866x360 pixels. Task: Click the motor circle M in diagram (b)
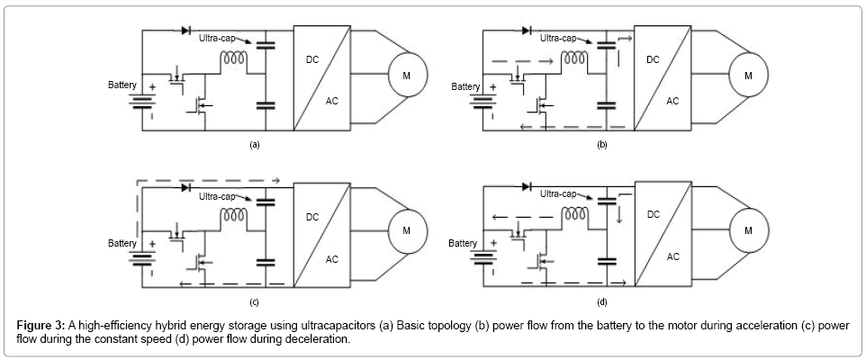coord(746,75)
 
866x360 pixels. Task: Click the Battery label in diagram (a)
coord(122,85)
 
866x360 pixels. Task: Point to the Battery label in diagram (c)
coord(122,243)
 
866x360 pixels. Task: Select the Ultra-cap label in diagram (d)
coord(559,193)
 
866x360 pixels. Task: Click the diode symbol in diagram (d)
coord(527,186)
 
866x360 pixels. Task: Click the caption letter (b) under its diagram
coord(601,144)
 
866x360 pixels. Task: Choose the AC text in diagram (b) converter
coord(672,101)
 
